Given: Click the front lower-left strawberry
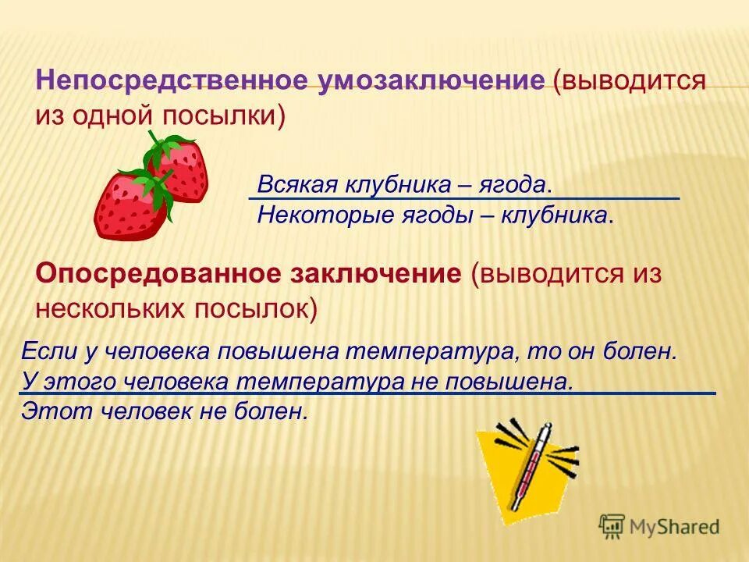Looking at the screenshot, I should [x=129, y=207].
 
